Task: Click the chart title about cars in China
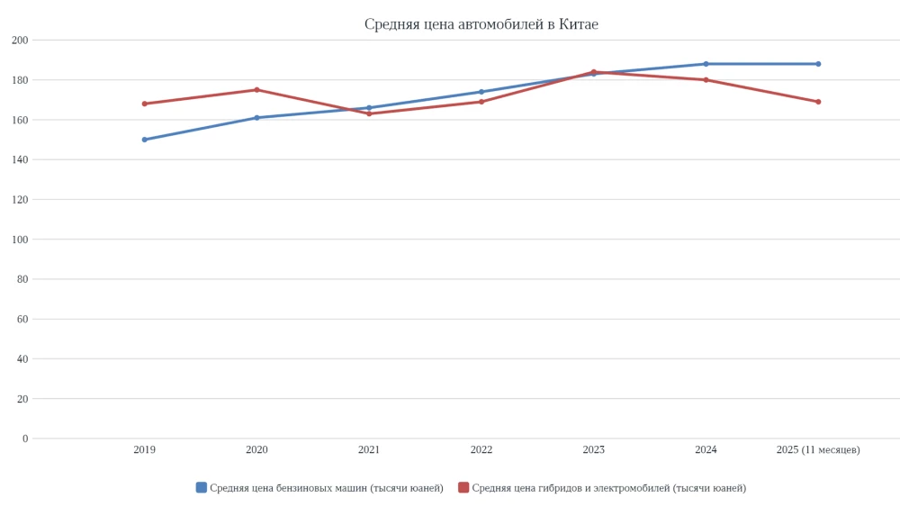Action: click(481, 24)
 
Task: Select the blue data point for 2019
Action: click(144, 140)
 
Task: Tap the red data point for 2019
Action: click(144, 104)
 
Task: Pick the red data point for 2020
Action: click(256, 90)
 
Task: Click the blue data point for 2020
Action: click(256, 118)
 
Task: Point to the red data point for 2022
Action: click(481, 102)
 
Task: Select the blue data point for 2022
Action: click(481, 92)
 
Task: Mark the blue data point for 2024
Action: click(706, 64)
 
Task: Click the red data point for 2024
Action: click(706, 80)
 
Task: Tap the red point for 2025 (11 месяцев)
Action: click(818, 102)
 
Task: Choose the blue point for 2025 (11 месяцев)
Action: click(818, 64)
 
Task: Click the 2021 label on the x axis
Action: click(369, 450)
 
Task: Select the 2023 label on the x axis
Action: click(593, 450)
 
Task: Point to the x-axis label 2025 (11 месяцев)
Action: click(818, 450)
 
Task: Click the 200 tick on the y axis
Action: click(20, 41)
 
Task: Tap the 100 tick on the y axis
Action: click(20, 240)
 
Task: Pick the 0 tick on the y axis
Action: click(25, 439)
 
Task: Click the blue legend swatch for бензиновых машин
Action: click(202, 488)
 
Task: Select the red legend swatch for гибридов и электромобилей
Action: click(463, 488)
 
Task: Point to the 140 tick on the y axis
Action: click(20, 160)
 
